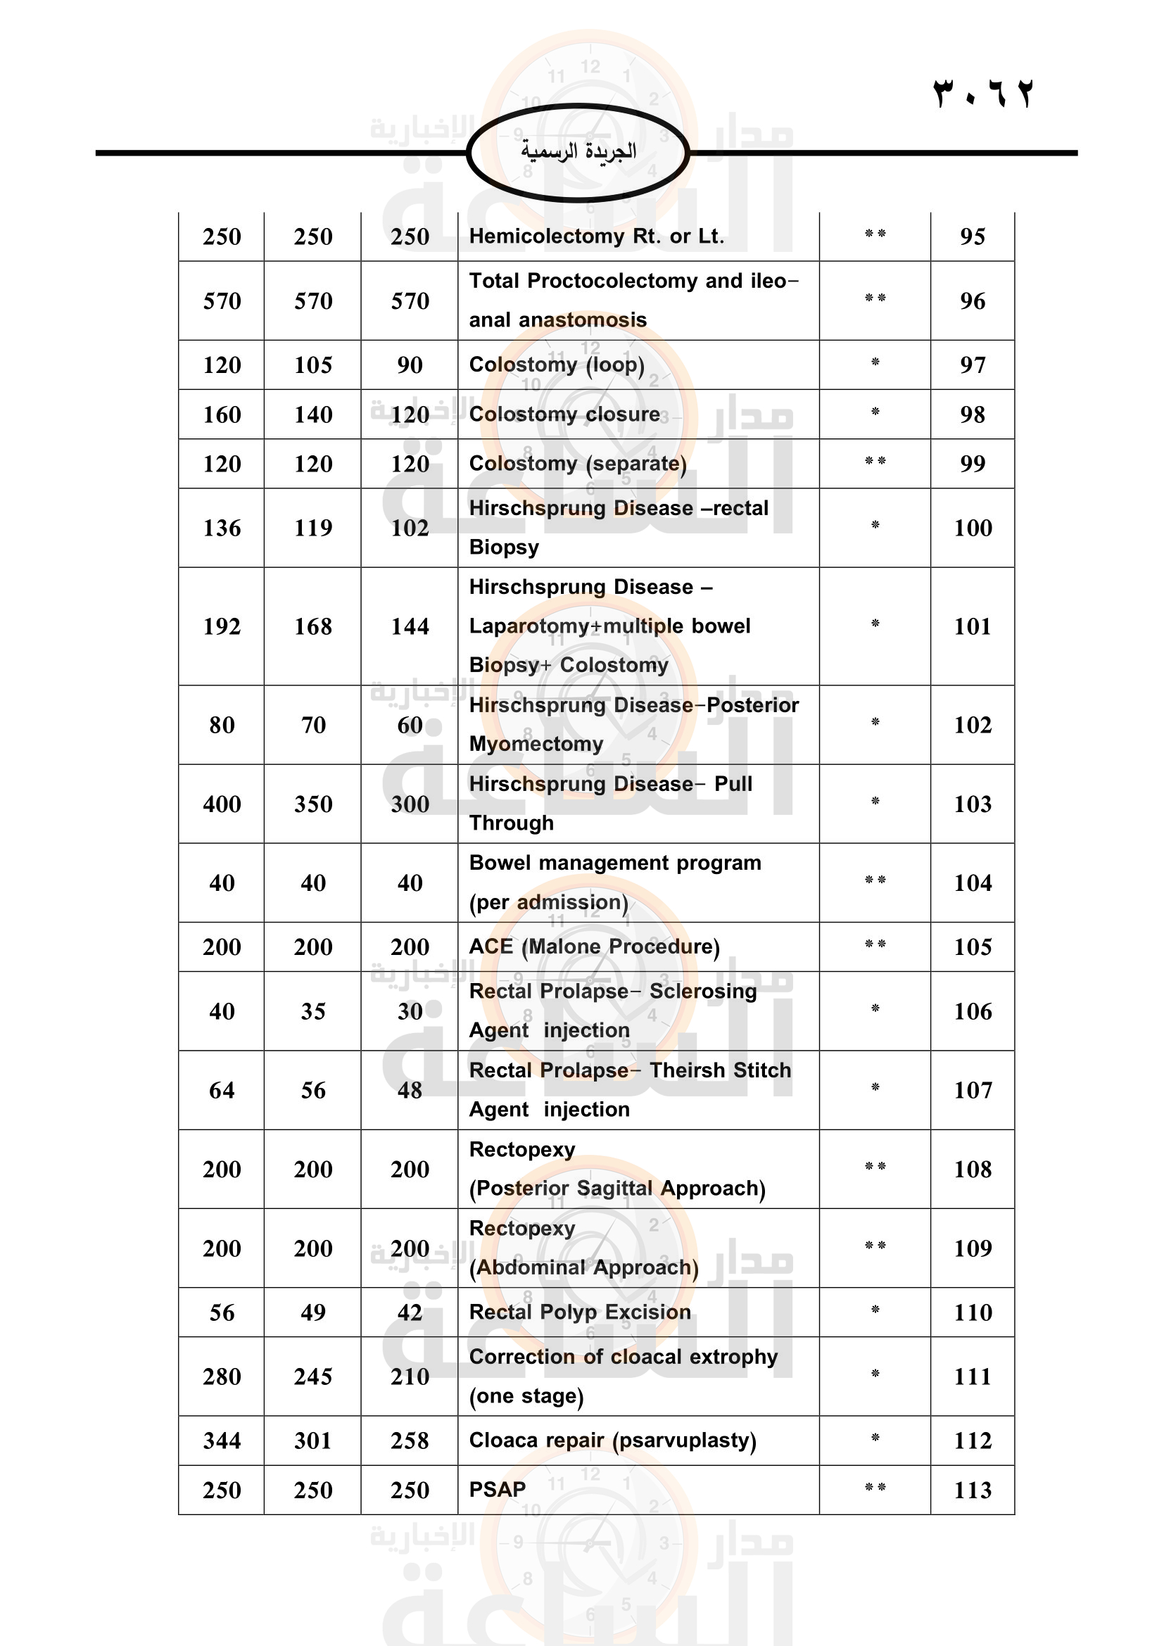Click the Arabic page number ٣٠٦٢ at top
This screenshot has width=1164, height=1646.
point(982,94)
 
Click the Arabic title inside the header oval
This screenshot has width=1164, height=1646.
point(578,151)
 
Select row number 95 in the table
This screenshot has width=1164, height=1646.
point(972,236)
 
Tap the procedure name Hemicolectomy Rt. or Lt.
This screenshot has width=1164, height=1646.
point(596,236)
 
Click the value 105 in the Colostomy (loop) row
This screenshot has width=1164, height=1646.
point(312,365)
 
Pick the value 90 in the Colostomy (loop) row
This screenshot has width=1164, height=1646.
point(410,365)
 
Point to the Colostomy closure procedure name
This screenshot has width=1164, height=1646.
point(564,414)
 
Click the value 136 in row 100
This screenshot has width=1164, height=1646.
point(222,528)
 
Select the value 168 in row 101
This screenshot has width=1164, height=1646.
point(312,626)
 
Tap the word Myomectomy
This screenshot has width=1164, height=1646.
point(536,744)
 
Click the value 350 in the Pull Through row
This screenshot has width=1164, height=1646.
point(312,804)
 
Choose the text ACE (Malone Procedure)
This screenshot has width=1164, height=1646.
point(594,947)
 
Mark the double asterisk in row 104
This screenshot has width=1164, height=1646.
point(875,880)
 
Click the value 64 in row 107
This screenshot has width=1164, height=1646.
point(222,1090)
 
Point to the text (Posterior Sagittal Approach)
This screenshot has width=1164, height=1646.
point(617,1189)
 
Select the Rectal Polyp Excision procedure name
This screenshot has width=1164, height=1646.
point(580,1312)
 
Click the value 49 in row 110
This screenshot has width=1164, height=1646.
point(312,1312)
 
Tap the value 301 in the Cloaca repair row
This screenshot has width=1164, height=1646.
point(312,1441)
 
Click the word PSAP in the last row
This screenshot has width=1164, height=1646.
point(498,1490)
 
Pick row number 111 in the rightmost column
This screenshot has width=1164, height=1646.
point(972,1376)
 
